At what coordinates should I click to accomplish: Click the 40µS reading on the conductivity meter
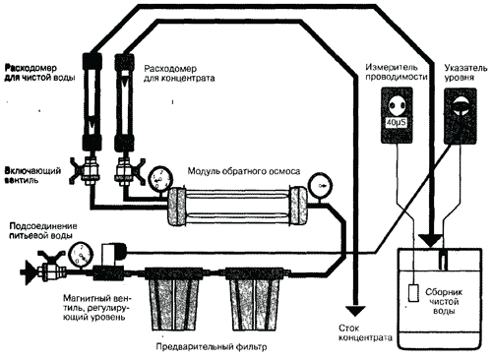[x=397, y=123]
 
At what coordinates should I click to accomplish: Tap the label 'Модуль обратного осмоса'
[x=244, y=171]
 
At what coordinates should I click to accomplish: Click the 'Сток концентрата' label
[x=365, y=332]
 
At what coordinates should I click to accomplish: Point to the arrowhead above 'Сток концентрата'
[x=355, y=311]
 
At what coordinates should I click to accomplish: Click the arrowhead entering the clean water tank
[x=431, y=241]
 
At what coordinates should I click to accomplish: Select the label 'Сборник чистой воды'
[x=444, y=301]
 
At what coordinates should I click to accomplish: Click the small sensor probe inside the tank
[x=413, y=293]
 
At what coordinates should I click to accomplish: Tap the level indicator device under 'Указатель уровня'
[x=460, y=115]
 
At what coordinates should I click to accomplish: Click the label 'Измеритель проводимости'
[x=396, y=72]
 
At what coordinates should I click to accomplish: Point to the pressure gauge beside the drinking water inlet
[x=81, y=254]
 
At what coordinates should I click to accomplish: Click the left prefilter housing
[x=173, y=298]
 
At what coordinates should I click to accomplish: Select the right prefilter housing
[x=255, y=298]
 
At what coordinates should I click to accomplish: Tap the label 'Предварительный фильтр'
[x=212, y=346]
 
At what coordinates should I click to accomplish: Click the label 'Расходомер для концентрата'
[x=179, y=74]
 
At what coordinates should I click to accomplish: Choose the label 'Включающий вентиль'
[x=32, y=175]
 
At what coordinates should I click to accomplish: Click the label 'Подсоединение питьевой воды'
[x=43, y=230]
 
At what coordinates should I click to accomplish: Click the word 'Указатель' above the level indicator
[x=465, y=68]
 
